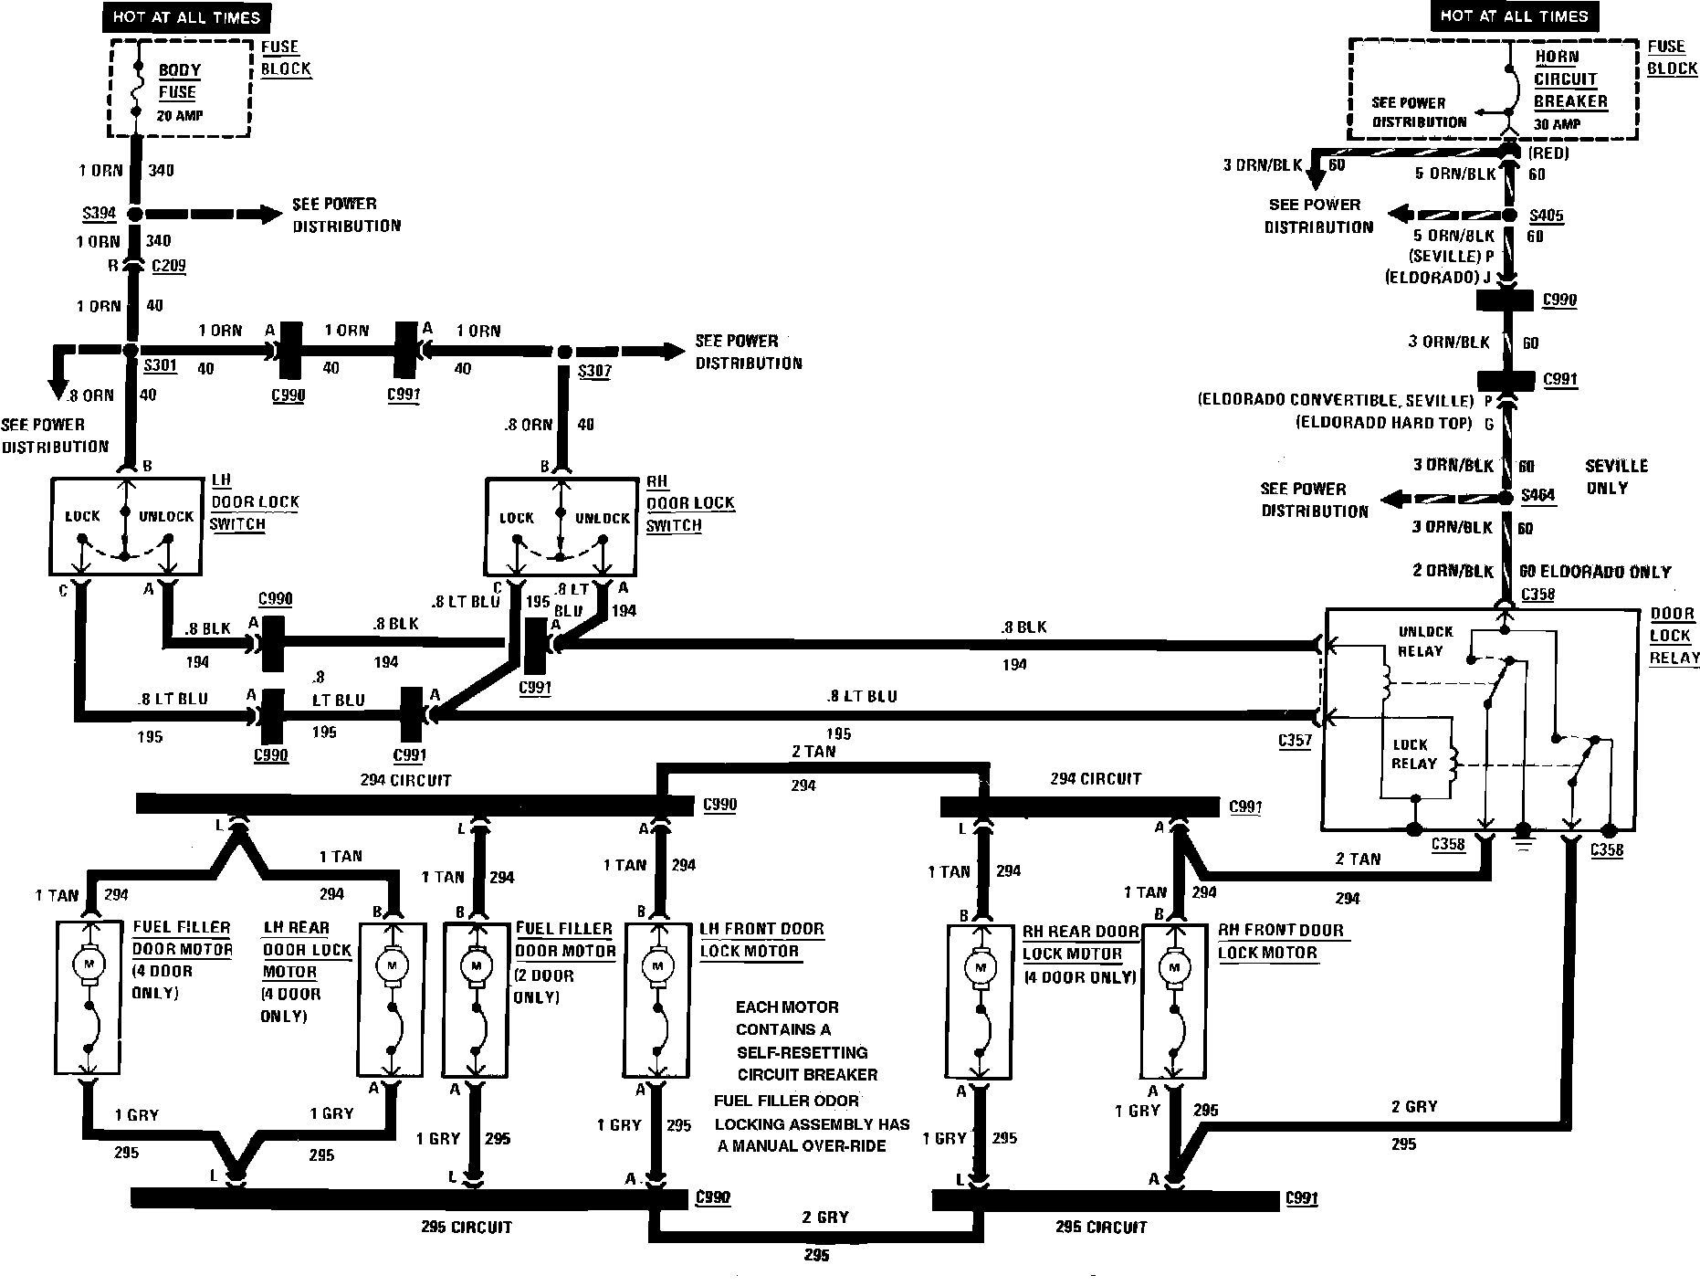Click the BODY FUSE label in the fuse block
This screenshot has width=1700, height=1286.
point(179,81)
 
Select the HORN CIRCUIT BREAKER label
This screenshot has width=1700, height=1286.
point(1569,79)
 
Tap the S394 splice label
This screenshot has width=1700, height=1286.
point(99,214)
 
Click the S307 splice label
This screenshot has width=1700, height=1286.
point(594,371)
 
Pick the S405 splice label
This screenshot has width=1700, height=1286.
point(1547,216)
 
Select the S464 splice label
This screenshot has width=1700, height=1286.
point(1537,496)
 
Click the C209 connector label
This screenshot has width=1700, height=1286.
point(168,267)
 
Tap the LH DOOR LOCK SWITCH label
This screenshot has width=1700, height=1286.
point(255,501)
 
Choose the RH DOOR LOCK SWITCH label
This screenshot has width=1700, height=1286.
point(689,502)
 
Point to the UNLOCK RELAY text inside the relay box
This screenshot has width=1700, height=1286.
point(1424,641)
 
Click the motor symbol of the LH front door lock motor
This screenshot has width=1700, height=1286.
point(656,966)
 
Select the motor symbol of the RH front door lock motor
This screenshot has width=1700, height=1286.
point(1173,968)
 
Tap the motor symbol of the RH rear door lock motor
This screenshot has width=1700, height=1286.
point(981,968)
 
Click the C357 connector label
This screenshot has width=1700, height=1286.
point(1295,741)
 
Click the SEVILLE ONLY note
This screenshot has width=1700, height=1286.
point(1616,476)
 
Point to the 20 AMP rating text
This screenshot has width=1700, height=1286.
point(179,116)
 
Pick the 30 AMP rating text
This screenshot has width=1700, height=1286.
point(1558,124)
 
